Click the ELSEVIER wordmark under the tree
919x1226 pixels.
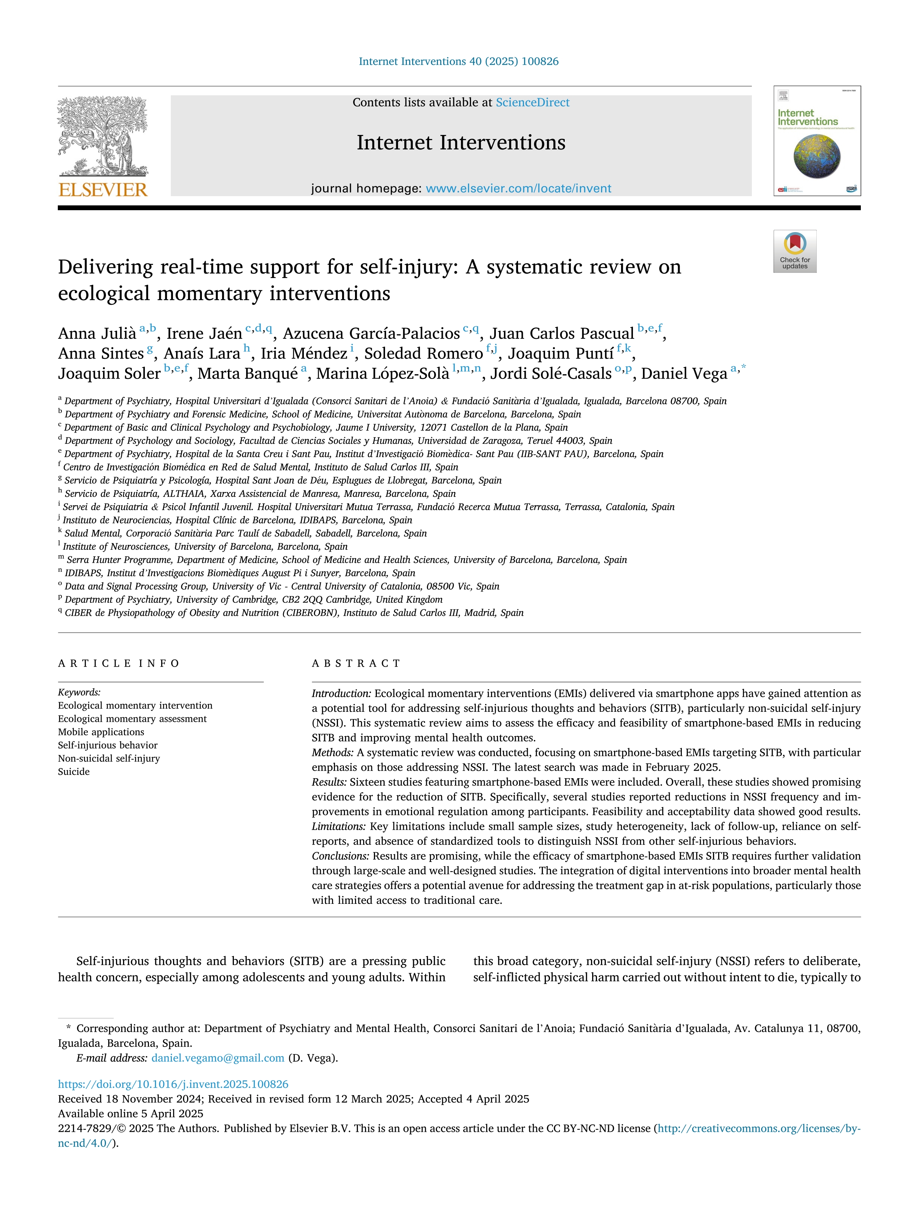point(103,190)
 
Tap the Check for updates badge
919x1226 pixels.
point(794,251)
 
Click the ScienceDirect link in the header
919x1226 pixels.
point(533,103)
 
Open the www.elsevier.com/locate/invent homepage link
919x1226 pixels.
point(518,188)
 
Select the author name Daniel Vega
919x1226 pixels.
point(684,374)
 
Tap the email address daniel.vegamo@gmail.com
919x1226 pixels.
point(218,1058)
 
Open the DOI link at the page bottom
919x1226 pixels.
point(173,1084)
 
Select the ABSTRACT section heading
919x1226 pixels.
point(356,664)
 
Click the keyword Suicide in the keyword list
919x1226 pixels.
point(74,771)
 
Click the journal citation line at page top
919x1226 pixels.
point(459,62)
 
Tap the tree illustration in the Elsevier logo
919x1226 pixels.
point(103,136)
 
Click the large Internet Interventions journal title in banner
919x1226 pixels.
point(461,142)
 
